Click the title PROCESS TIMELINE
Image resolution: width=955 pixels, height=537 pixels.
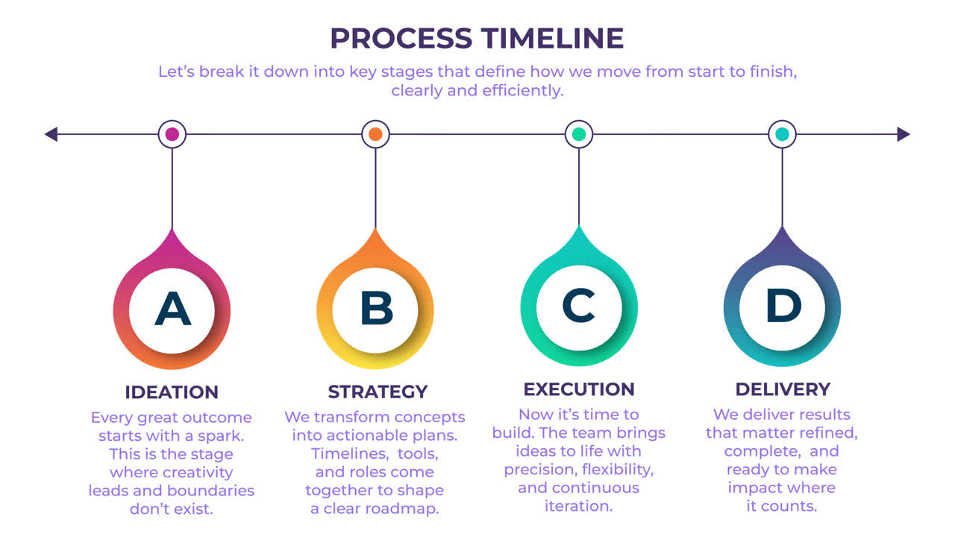tap(477, 38)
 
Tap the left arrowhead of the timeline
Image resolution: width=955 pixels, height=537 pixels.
tap(51, 134)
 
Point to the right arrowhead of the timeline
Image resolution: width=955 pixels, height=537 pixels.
tap(904, 134)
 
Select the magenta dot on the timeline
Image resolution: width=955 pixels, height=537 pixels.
tap(172, 134)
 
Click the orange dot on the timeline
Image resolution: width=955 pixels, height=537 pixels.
tap(375, 134)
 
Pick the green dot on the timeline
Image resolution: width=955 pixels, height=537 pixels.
tap(578, 134)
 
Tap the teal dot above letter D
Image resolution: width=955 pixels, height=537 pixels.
tap(782, 134)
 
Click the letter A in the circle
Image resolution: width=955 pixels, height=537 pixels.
tap(172, 309)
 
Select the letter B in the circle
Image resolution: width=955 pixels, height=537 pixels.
tap(376, 309)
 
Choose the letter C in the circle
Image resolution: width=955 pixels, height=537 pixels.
tap(578, 306)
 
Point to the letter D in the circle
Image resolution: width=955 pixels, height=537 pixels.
tap(783, 306)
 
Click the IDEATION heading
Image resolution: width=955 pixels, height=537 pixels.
tap(172, 392)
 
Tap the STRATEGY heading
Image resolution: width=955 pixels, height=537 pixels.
tap(378, 392)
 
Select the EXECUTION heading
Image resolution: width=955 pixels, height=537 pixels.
tap(579, 389)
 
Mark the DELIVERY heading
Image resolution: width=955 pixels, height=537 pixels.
tap(783, 389)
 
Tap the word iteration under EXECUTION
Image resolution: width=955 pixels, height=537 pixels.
tap(579, 506)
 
